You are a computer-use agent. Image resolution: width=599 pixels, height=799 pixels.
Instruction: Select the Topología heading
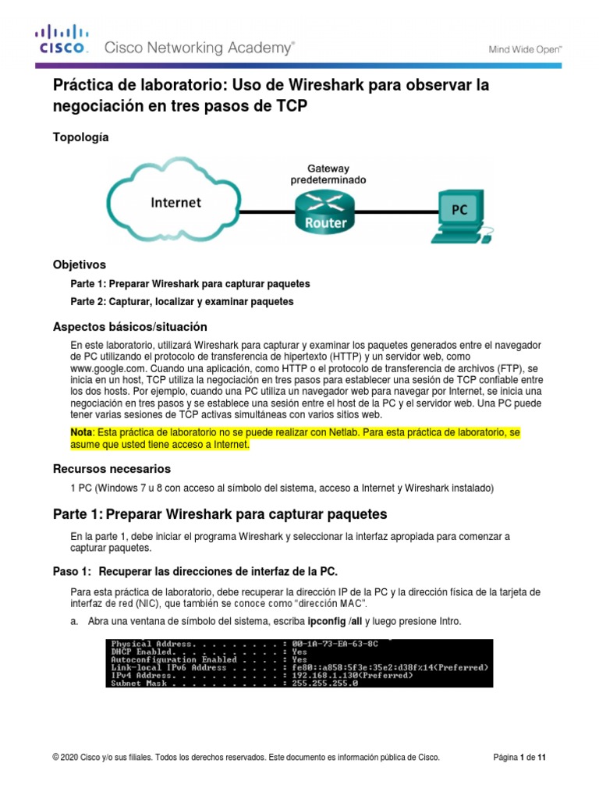80,137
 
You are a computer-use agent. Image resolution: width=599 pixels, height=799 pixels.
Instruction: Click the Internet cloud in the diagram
175,202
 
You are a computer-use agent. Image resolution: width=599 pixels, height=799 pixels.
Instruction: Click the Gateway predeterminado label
328,173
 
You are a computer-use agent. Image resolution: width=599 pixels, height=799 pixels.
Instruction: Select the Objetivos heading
79,265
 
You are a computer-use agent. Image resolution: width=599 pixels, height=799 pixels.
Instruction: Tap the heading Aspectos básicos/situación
129,326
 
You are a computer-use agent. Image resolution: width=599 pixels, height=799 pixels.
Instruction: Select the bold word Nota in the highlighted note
81,431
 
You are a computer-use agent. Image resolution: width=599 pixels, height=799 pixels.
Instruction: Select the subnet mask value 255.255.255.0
324,684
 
